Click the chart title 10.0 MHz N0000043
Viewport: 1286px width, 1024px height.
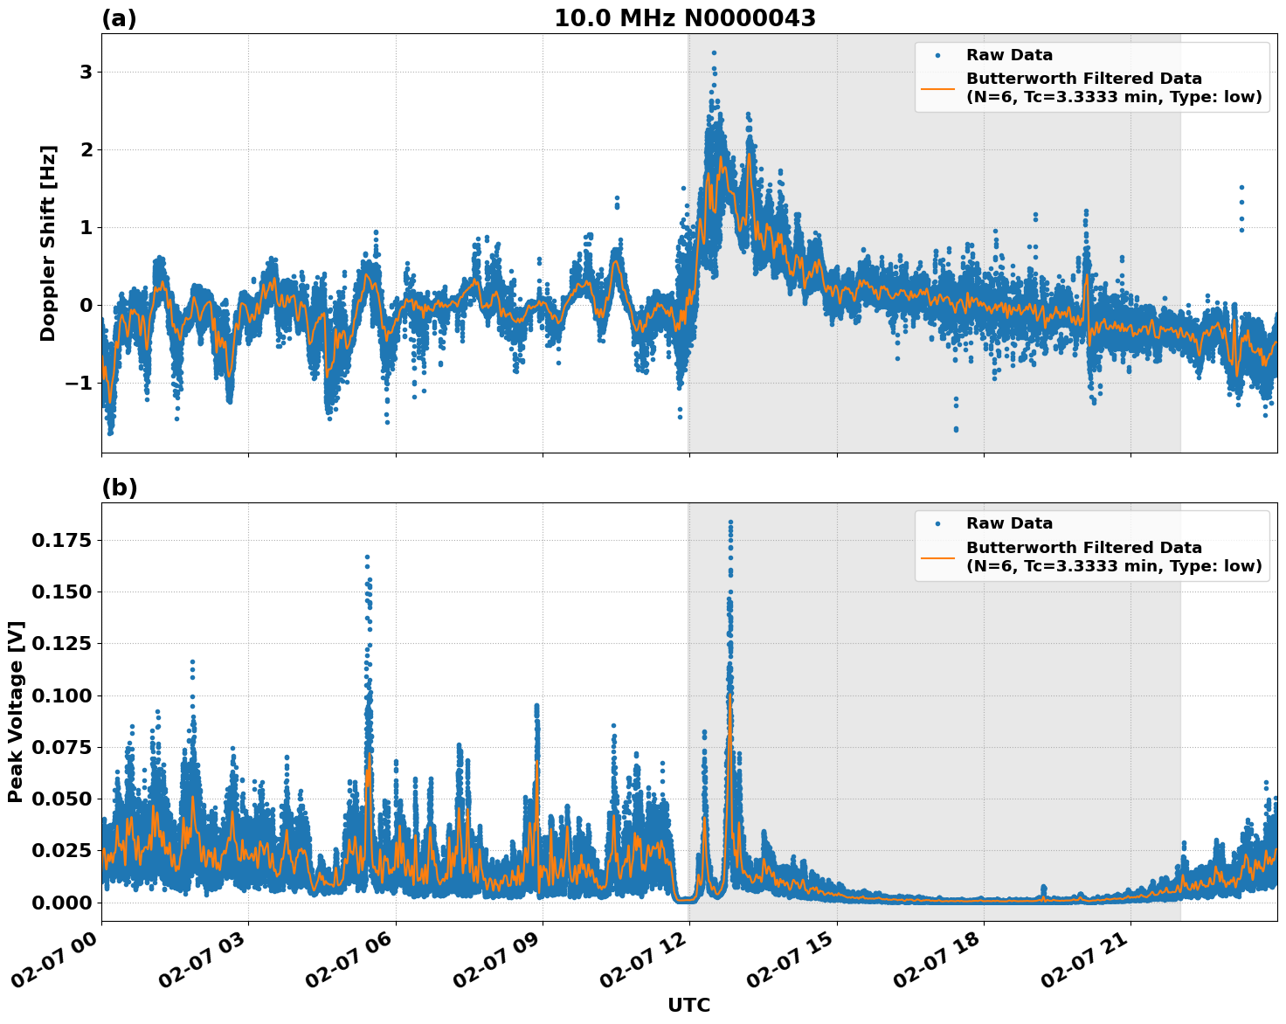(x=685, y=18)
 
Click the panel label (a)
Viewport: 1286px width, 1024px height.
(x=119, y=18)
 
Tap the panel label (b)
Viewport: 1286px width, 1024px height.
(x=119, y=488)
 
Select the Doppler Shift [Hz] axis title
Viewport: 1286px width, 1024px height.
(x=48, y=243)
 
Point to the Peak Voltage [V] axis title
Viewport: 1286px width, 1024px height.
(x=16, y=711)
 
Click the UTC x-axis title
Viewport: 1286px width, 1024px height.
(x=688, y=1005)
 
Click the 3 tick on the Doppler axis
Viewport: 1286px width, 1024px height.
(x=86, y=72)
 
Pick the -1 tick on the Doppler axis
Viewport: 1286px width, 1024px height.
(x=79, y=384)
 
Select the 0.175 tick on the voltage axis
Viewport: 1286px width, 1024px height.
(x=60, y=541)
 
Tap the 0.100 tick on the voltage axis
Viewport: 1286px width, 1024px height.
(x=60, y=695)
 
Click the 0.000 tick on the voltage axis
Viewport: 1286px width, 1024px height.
(x=60, y=902)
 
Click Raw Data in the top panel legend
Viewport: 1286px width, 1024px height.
(x=1009, y=55)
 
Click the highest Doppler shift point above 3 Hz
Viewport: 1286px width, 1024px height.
(x=714, y=52)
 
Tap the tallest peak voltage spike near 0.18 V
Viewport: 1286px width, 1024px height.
(x=730, y=522)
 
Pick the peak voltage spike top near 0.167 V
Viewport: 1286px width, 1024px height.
(x=367, y=557)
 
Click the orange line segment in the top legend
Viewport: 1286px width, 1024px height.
(x=937, y=88)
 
